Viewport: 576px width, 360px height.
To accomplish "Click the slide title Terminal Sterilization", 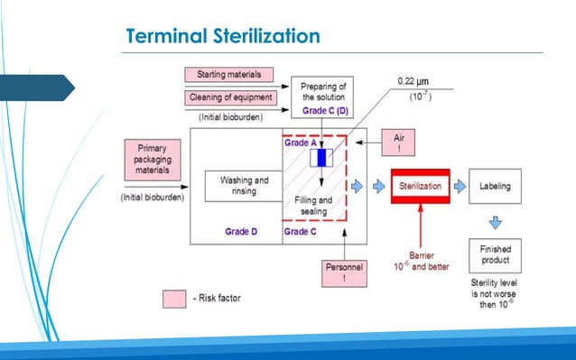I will coord(223,36).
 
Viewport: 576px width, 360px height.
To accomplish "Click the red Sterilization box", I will coord(420,186).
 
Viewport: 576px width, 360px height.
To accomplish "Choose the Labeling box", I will coord(494,186).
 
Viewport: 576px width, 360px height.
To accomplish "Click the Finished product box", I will coord(494,254).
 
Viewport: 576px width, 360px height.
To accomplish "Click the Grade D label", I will coord(242,232).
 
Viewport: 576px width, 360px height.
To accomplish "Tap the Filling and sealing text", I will coord(313,205).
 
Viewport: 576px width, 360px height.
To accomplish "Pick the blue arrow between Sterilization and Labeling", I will coord(460,186).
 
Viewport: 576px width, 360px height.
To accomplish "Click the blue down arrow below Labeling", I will coord(494,220).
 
